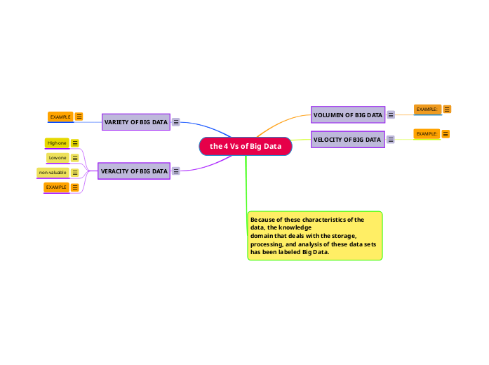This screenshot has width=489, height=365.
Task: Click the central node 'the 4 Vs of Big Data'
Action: pyautogui.click(x=246, y=146)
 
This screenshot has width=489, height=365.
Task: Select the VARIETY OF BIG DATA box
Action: pyautogui.click(x=136, y=122)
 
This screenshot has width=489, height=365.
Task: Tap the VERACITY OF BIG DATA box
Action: pyautogui.click(x=134, y=171)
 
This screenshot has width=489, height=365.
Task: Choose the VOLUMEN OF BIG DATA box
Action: pyautogui.click(x=348, y=114)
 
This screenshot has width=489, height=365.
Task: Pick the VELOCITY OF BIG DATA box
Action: pyautogui.click(x=347, y=140)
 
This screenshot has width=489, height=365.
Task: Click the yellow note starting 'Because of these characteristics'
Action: pyautogui.click(x=314, y=236)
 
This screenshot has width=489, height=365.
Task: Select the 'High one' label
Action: pyautogui.click(x=57, y=143)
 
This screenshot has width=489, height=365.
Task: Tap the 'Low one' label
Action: pyautogui.click(x=58, y=158)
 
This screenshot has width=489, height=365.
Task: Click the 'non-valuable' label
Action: pyautogui.click(x=53, y=173)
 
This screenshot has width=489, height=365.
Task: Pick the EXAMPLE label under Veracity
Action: pyautogui.click(x=56, y=187)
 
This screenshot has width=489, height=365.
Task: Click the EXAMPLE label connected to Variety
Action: pyautogui.click(x=60, y=117)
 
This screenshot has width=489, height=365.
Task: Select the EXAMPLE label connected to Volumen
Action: pyautogui.click(x=427, y=109)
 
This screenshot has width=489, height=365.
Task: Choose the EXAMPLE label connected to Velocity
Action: pyautogui.click(x=427, y=133)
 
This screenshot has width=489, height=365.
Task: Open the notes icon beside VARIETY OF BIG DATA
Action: pyautogui.click(x=176, y=122)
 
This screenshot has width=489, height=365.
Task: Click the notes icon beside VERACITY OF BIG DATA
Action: pyautogui.click(x=176, y=171)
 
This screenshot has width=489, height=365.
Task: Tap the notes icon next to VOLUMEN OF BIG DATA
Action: pyautogui.click(x=391, y=114)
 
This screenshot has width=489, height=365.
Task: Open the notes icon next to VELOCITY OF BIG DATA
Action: pyautogui.click(x=391, y=140)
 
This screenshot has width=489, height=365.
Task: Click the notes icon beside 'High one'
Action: pyautogui.click(x=75, y=143)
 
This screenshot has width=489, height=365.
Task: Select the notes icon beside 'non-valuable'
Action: pyautogui.click(x=75, y=173)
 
